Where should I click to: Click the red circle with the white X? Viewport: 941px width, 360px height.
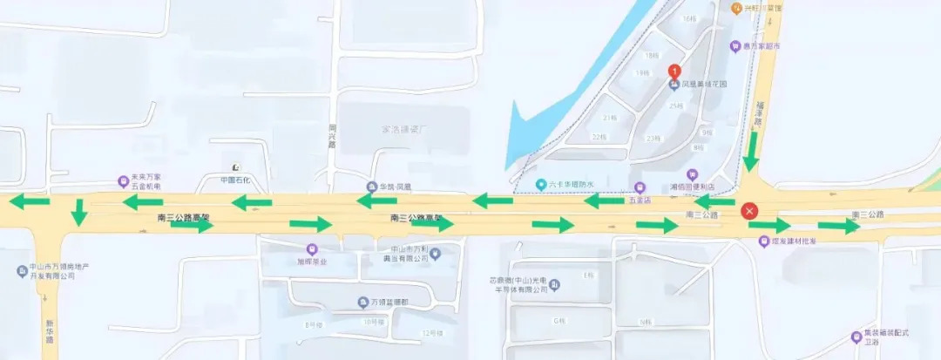click(x=749, y=211)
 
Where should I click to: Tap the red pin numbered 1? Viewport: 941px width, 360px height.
click(x=674, y=71)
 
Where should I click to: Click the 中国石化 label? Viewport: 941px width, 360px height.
click(x=235, y=180)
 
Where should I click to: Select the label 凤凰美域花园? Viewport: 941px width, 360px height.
click(x=703, y=85)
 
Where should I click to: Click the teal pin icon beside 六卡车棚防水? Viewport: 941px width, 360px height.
click(x=541, y=184)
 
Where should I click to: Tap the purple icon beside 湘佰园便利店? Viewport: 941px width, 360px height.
click(x=693, y=174)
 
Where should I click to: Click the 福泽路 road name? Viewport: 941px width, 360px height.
click(x=758, y=116)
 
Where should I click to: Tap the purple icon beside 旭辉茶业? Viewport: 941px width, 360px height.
click(x=312, y=248)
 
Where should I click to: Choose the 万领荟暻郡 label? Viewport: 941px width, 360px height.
click(x=388, y=302)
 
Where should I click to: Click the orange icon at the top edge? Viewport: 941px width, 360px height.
click(x=737, y=8)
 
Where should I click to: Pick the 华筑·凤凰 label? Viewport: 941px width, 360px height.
click(x=394, y=187)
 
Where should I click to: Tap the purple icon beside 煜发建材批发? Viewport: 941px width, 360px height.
click(x=764, y=241)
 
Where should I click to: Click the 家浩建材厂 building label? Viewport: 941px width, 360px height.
click(x=407, y=130)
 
